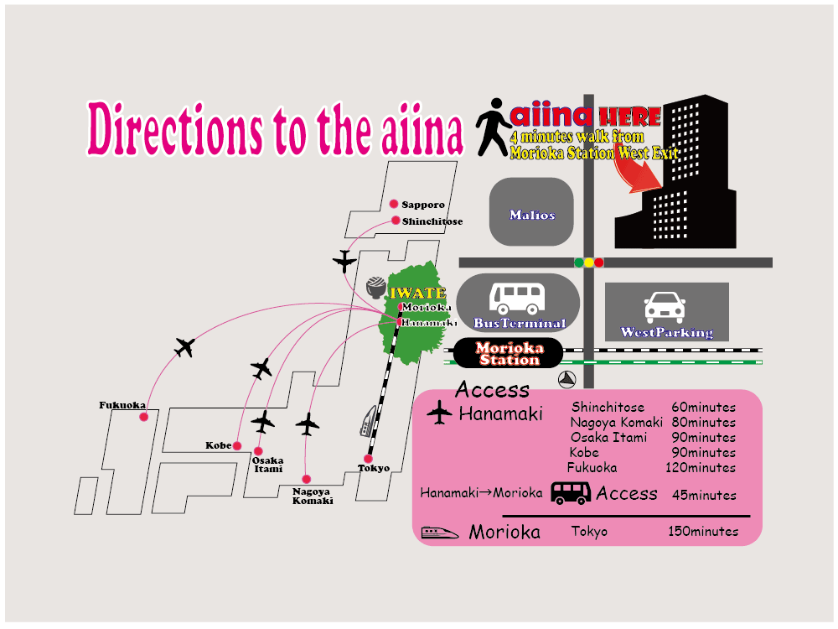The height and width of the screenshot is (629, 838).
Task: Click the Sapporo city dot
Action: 393,204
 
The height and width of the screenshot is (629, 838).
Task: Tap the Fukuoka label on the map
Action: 123,406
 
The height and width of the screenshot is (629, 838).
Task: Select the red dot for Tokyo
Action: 368,459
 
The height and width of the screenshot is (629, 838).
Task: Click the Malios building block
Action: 531,212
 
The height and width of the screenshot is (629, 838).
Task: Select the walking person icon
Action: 493,128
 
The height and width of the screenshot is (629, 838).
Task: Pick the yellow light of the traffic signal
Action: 588,263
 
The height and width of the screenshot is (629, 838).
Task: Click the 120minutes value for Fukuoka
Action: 701,468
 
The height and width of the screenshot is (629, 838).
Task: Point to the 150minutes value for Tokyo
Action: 703,532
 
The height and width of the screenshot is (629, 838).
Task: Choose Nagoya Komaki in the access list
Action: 616,423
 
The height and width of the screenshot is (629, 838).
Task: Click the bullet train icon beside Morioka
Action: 440,532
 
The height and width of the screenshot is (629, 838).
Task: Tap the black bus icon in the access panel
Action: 571,493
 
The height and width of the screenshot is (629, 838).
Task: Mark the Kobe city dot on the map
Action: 237,445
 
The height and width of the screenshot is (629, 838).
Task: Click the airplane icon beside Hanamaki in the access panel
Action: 439,413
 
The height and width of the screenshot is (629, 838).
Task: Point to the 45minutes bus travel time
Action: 705,496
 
